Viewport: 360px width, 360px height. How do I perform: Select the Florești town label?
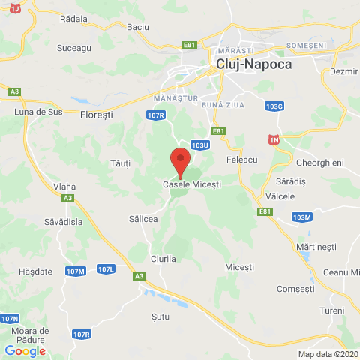tap(96, 115)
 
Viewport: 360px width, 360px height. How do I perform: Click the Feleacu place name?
tap(241, 160)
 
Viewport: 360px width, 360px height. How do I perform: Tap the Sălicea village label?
tap(143, 218)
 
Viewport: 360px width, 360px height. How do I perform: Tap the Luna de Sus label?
tap(35, 112)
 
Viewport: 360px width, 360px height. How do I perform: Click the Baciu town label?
tap(138, 27)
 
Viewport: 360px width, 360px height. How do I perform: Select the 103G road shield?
tap(274, 106)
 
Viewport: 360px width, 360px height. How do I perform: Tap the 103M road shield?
tap(301, 217)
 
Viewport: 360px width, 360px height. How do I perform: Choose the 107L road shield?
tap(106, 268)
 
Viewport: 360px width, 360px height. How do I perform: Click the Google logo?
tap(25, 350)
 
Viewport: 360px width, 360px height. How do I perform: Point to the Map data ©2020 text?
tap(328, 354)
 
